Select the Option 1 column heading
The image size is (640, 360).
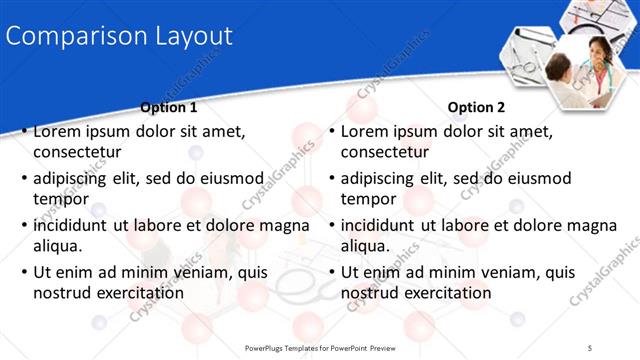(x=169, y=107)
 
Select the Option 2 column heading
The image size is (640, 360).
(x=477, y=107)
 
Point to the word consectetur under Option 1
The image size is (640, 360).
(x=77, y=152)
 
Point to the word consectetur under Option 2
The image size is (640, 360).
(x=385, y=152)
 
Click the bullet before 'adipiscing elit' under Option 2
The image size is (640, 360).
(x=333, y=179)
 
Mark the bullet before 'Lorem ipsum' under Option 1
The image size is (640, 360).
(x=25, y=132)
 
